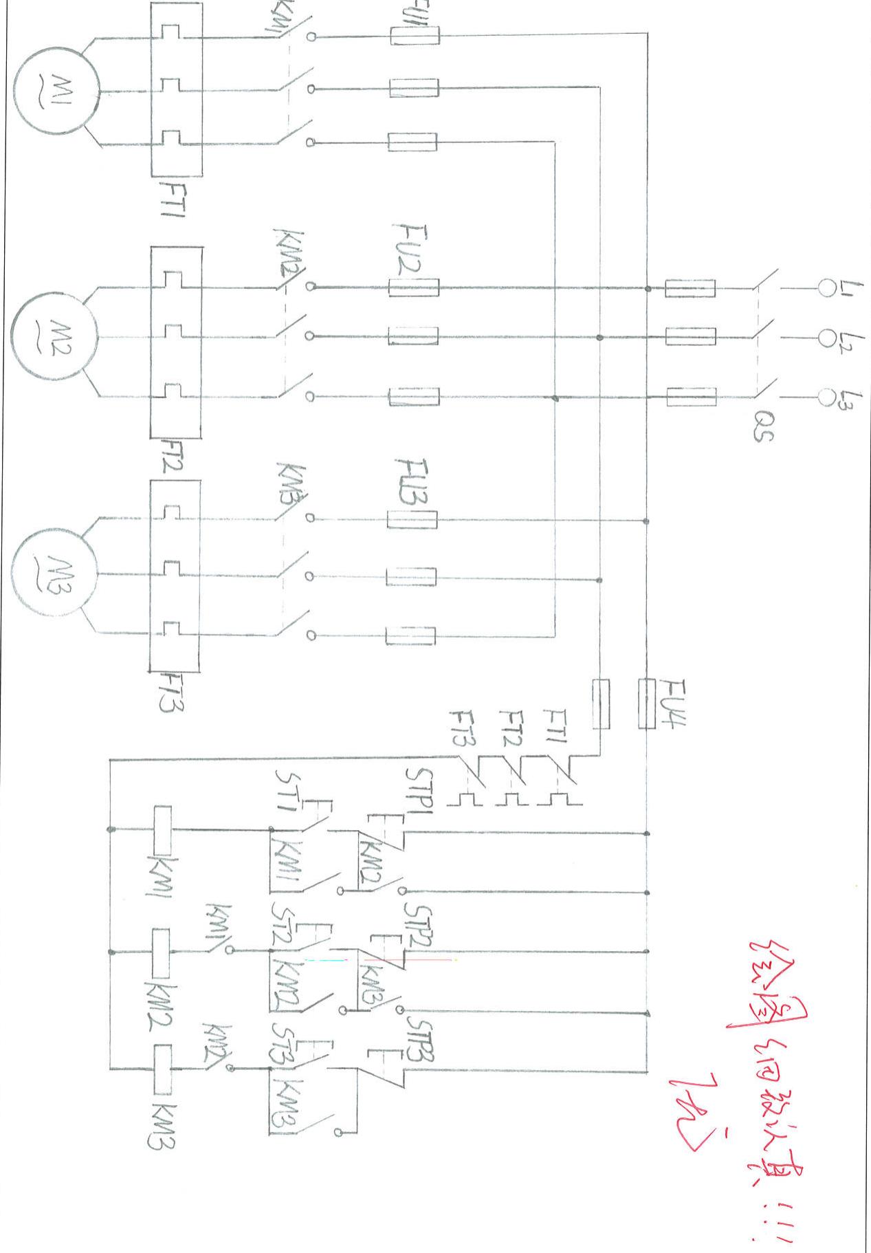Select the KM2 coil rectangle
pos(160,953)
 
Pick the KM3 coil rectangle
pos(162,1069)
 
